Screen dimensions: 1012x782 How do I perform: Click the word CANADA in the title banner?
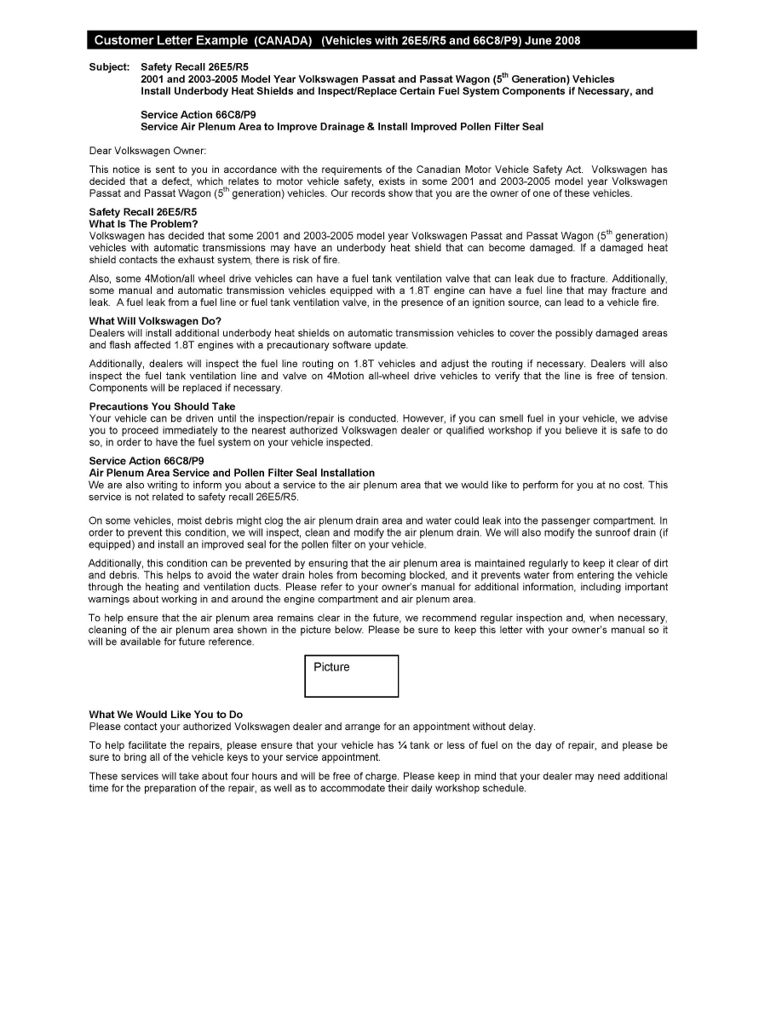(x=282, y=41)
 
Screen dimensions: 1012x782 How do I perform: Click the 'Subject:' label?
(x=109, y=66)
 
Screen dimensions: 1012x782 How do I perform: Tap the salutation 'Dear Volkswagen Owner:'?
(x=147, y=150)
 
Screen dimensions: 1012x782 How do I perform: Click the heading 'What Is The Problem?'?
(x=143, y=224)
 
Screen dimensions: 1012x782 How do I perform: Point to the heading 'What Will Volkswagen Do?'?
(x=155, y=321)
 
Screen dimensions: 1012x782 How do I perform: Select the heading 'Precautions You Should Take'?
(x=162, y=406)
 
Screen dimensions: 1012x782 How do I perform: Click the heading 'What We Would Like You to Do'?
(x=165, y=714)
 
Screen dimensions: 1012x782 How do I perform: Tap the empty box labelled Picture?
(x=351, y=676)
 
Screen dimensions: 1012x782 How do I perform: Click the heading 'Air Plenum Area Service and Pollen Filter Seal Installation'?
(x=232, y=473)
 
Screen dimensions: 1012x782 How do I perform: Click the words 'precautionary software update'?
(x=341, y=345)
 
